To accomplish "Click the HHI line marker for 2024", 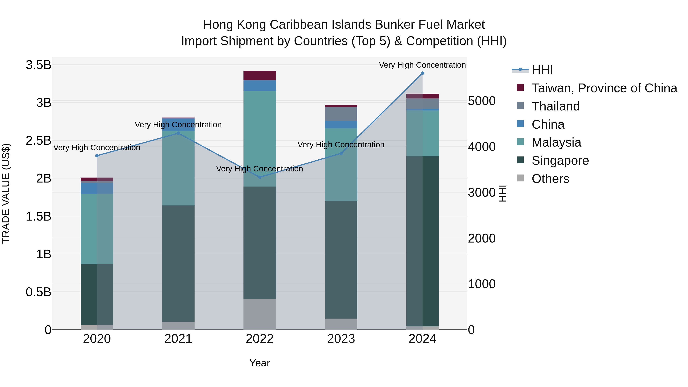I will [422, 73].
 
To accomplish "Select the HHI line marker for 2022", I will [260, 177].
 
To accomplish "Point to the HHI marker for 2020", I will [97, 156].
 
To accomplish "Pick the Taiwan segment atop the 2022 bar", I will [260, 75].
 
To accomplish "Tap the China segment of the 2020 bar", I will [97, 188].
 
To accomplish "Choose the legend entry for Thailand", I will [556, 106].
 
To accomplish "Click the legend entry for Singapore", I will [560, 161].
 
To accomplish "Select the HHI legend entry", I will [542, 70].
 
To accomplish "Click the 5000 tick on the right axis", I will [482, 101].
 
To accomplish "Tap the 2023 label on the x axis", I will [341, 339].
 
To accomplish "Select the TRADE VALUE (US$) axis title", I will [6, 193].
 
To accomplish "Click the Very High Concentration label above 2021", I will [178, 125].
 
